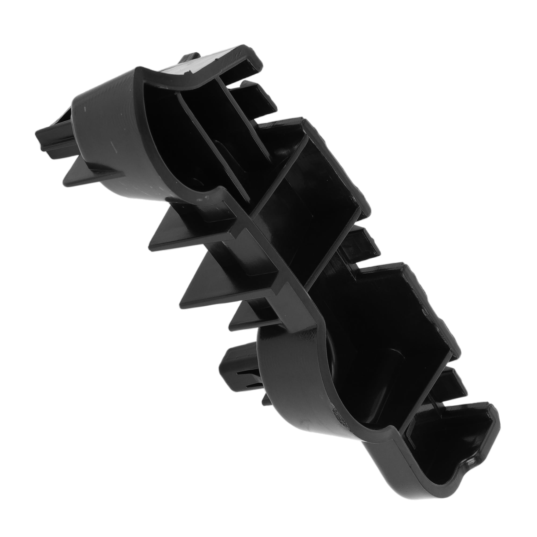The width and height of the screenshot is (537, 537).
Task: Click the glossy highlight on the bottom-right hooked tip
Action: tap(470, 460)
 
